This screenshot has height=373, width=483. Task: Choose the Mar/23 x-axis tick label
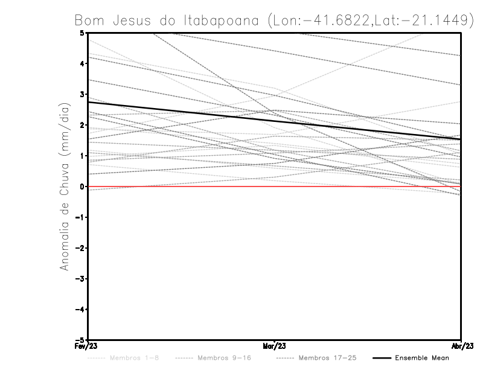coord(275,346)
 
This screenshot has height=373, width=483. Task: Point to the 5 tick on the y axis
coord(83,33)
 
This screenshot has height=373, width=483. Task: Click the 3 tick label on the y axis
coord(83,94)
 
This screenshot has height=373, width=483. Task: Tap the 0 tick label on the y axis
coord(83,186)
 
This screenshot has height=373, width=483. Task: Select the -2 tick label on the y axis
coord(80,248)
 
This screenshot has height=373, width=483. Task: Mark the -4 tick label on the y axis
coord(80,309)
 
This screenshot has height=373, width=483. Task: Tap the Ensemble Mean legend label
coord(421,358)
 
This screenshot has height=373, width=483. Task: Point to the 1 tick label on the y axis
coord(83,156)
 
